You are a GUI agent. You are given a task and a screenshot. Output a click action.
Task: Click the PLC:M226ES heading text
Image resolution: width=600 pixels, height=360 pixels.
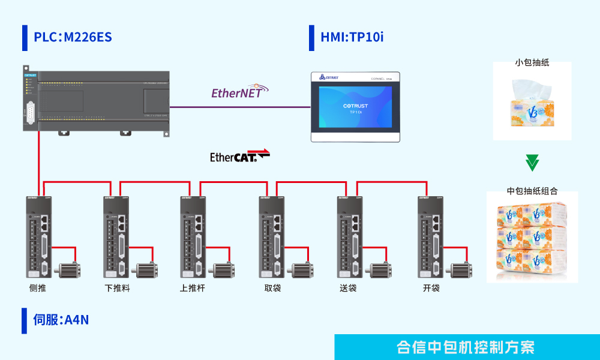[x=73, y=37]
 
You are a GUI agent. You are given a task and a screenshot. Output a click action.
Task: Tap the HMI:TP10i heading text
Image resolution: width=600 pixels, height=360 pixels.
[x=352, y=37]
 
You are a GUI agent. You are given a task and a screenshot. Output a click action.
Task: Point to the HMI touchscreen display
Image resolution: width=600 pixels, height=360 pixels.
[x=355, y=108]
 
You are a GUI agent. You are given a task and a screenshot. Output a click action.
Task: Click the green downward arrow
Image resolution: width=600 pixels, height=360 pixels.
[x=532, y=163]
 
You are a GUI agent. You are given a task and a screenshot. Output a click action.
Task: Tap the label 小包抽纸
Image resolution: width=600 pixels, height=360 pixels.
[x=532, y=62]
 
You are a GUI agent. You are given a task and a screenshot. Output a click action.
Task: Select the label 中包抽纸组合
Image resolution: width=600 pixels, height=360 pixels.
[x=532, y=191]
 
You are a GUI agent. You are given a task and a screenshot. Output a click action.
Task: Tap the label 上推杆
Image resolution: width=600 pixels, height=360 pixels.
[x=192, y=288]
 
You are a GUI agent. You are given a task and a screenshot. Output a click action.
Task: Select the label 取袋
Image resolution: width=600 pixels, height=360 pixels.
[x=272, y=288]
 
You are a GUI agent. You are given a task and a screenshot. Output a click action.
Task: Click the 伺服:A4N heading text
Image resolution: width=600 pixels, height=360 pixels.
[x=61, y=320]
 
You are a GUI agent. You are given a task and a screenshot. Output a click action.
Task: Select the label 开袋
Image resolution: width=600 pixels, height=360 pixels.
[x=431, y=288]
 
